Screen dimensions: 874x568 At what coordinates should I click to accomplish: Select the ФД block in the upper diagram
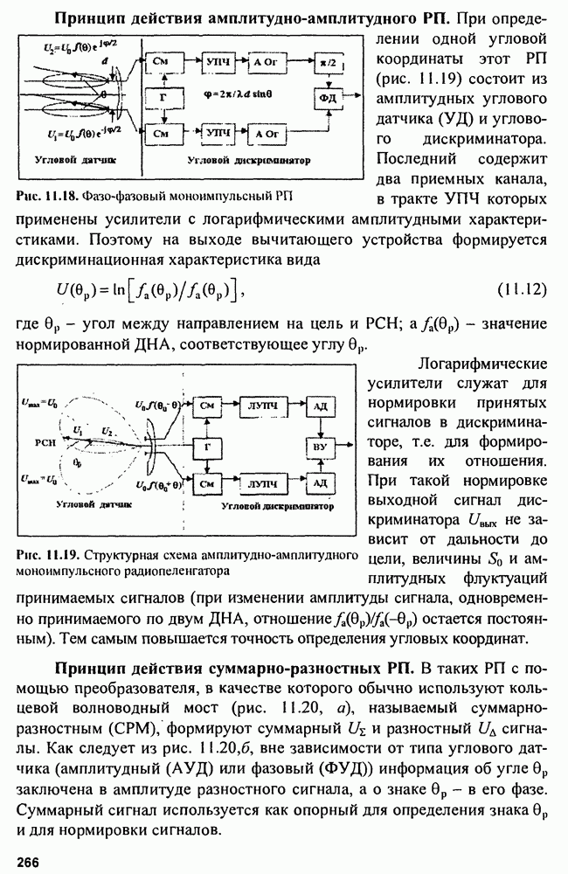coord(331,99)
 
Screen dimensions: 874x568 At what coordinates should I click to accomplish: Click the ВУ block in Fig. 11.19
coord(319,446)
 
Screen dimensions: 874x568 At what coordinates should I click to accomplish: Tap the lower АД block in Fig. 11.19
coord(319,482)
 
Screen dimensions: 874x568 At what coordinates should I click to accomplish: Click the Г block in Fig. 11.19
coord(207,445)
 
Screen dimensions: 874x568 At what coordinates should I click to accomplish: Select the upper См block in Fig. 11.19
coord(207,407)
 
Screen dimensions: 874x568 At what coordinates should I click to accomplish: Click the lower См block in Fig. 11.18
coord(162,134)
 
